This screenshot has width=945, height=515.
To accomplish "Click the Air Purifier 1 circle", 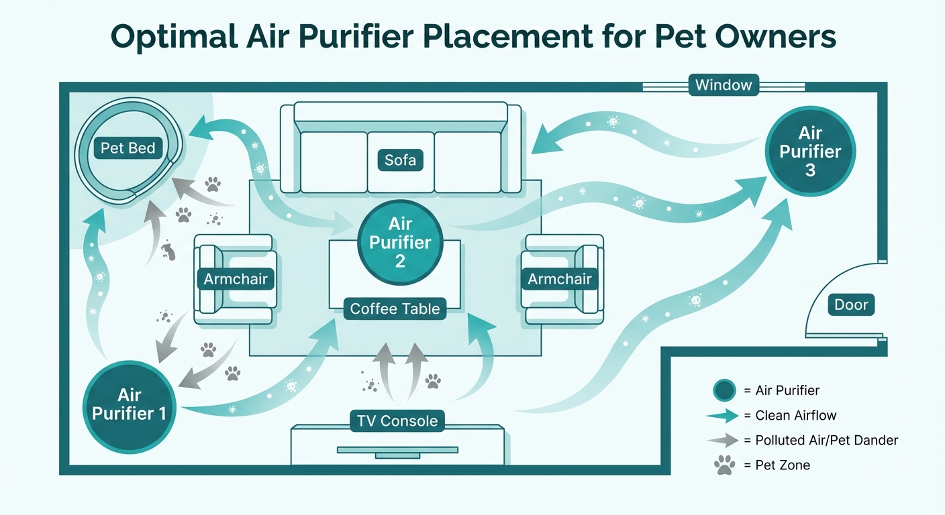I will point(128,404).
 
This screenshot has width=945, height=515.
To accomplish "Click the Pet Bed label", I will point(128,148).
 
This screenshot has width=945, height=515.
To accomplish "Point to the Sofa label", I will point(400,160).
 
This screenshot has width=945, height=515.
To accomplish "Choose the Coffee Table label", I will point(395,309).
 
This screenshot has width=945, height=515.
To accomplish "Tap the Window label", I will point(724,86).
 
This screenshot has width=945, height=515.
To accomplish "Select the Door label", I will point(851,305).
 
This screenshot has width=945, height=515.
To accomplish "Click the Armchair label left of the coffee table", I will point(236,279).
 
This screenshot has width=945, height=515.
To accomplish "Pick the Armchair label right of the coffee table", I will point(560,279).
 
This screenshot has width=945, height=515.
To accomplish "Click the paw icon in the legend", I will point(724,465).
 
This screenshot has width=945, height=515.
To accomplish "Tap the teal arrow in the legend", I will point(724,416).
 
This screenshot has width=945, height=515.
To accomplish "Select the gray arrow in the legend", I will point(724,441).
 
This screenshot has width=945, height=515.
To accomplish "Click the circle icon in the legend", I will point(724,390).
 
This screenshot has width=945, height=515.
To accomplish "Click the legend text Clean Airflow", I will point(796,416).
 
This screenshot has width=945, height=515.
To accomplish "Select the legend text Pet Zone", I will point(783,465).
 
